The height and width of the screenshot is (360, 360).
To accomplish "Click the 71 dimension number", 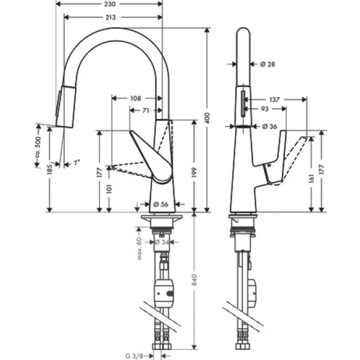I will pos(146,111).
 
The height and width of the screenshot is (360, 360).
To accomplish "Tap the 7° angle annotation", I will pos(76,163).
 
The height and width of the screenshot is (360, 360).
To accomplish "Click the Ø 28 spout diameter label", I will pos(267,63).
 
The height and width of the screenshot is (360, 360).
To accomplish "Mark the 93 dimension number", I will pos(264,109).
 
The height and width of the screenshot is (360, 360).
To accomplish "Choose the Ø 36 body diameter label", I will pos(269,126).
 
